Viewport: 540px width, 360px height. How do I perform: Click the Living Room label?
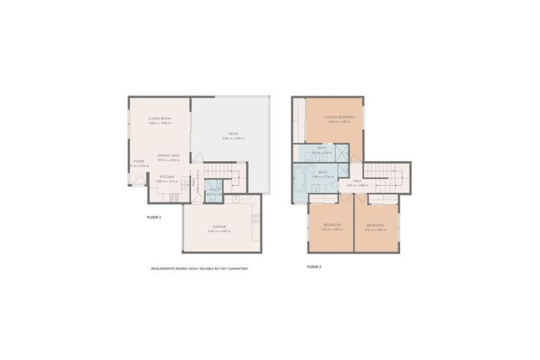click(x=160, y=119)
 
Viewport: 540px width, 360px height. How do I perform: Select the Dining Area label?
click(x=169, y=155)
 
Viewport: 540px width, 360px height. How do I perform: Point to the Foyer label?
click(x=138, y=161)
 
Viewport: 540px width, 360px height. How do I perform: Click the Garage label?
click(x=220, y=226)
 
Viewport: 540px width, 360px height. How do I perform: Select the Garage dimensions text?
click(x=220, y=231)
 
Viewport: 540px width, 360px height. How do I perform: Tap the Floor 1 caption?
click(x=154, y=218)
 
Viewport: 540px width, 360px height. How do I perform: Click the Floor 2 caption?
click(x=314, y=267)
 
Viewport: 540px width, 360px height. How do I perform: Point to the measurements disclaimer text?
click(x=199, y=268)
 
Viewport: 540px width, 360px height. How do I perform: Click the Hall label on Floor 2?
click(x=357, y=181)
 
